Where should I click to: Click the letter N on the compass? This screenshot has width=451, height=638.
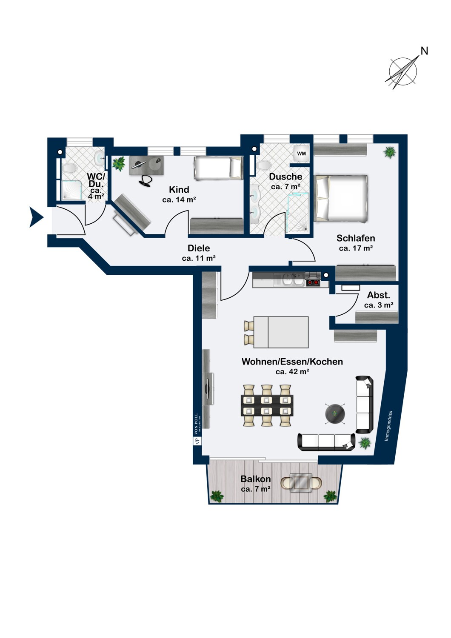click(424, 51)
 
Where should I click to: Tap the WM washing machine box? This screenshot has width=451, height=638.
click(301, 154)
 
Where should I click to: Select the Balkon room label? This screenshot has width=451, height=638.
click(255, 479)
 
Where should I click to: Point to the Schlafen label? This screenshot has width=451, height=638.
click(356, 238)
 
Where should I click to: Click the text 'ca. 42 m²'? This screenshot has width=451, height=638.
click(292, 371)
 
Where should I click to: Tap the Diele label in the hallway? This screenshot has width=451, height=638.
click(199, 248)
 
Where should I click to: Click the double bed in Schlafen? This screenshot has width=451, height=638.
click(340, 199)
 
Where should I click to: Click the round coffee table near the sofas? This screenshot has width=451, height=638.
click(335, 413)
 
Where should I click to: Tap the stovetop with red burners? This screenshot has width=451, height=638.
click(314, 282)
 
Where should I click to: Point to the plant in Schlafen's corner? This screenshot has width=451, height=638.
click(389, 151)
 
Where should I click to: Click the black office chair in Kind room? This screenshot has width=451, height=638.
click(146, 179)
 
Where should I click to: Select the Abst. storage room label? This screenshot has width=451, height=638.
click(378, 295)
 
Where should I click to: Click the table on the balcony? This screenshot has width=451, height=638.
click(301, 483)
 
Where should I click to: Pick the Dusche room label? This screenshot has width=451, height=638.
click(285, 177)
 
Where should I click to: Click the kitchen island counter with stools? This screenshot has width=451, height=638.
click(281, 332)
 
